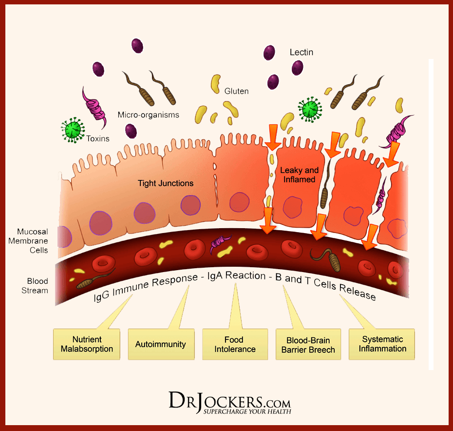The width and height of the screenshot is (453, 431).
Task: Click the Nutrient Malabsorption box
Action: click(x=86, y=344)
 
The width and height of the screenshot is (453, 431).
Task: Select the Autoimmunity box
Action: click(x=160, y=344)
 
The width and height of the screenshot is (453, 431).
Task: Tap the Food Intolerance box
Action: click(x=235, y=344)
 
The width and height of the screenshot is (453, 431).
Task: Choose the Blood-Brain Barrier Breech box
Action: click(x=308, y=345)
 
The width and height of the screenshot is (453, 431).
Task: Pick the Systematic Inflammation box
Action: click(x=382, y=344)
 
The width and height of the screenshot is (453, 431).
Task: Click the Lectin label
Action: click(x=301, y=52)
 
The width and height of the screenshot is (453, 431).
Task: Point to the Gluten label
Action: click(x=236, y=91)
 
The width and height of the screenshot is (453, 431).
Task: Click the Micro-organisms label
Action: click(x=148, y=115)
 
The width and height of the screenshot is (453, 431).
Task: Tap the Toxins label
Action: click(x=97, y=138)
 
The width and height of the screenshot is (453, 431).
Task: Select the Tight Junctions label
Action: click(x=166, y=183)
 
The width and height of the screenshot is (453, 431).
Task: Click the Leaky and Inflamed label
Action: click(x=299, y=175)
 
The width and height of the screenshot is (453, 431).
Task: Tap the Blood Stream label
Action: click(x=38, y=286)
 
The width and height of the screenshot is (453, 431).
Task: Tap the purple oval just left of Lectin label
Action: click(x=269, y=53)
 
